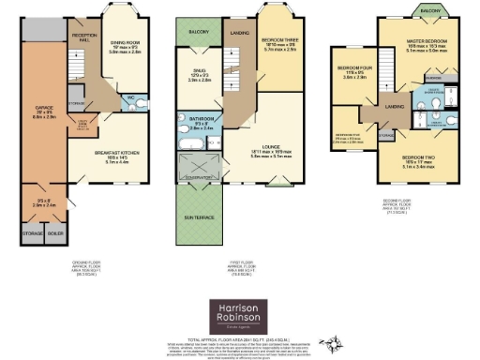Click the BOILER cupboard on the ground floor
point(57,233)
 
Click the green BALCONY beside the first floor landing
point(197,31)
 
